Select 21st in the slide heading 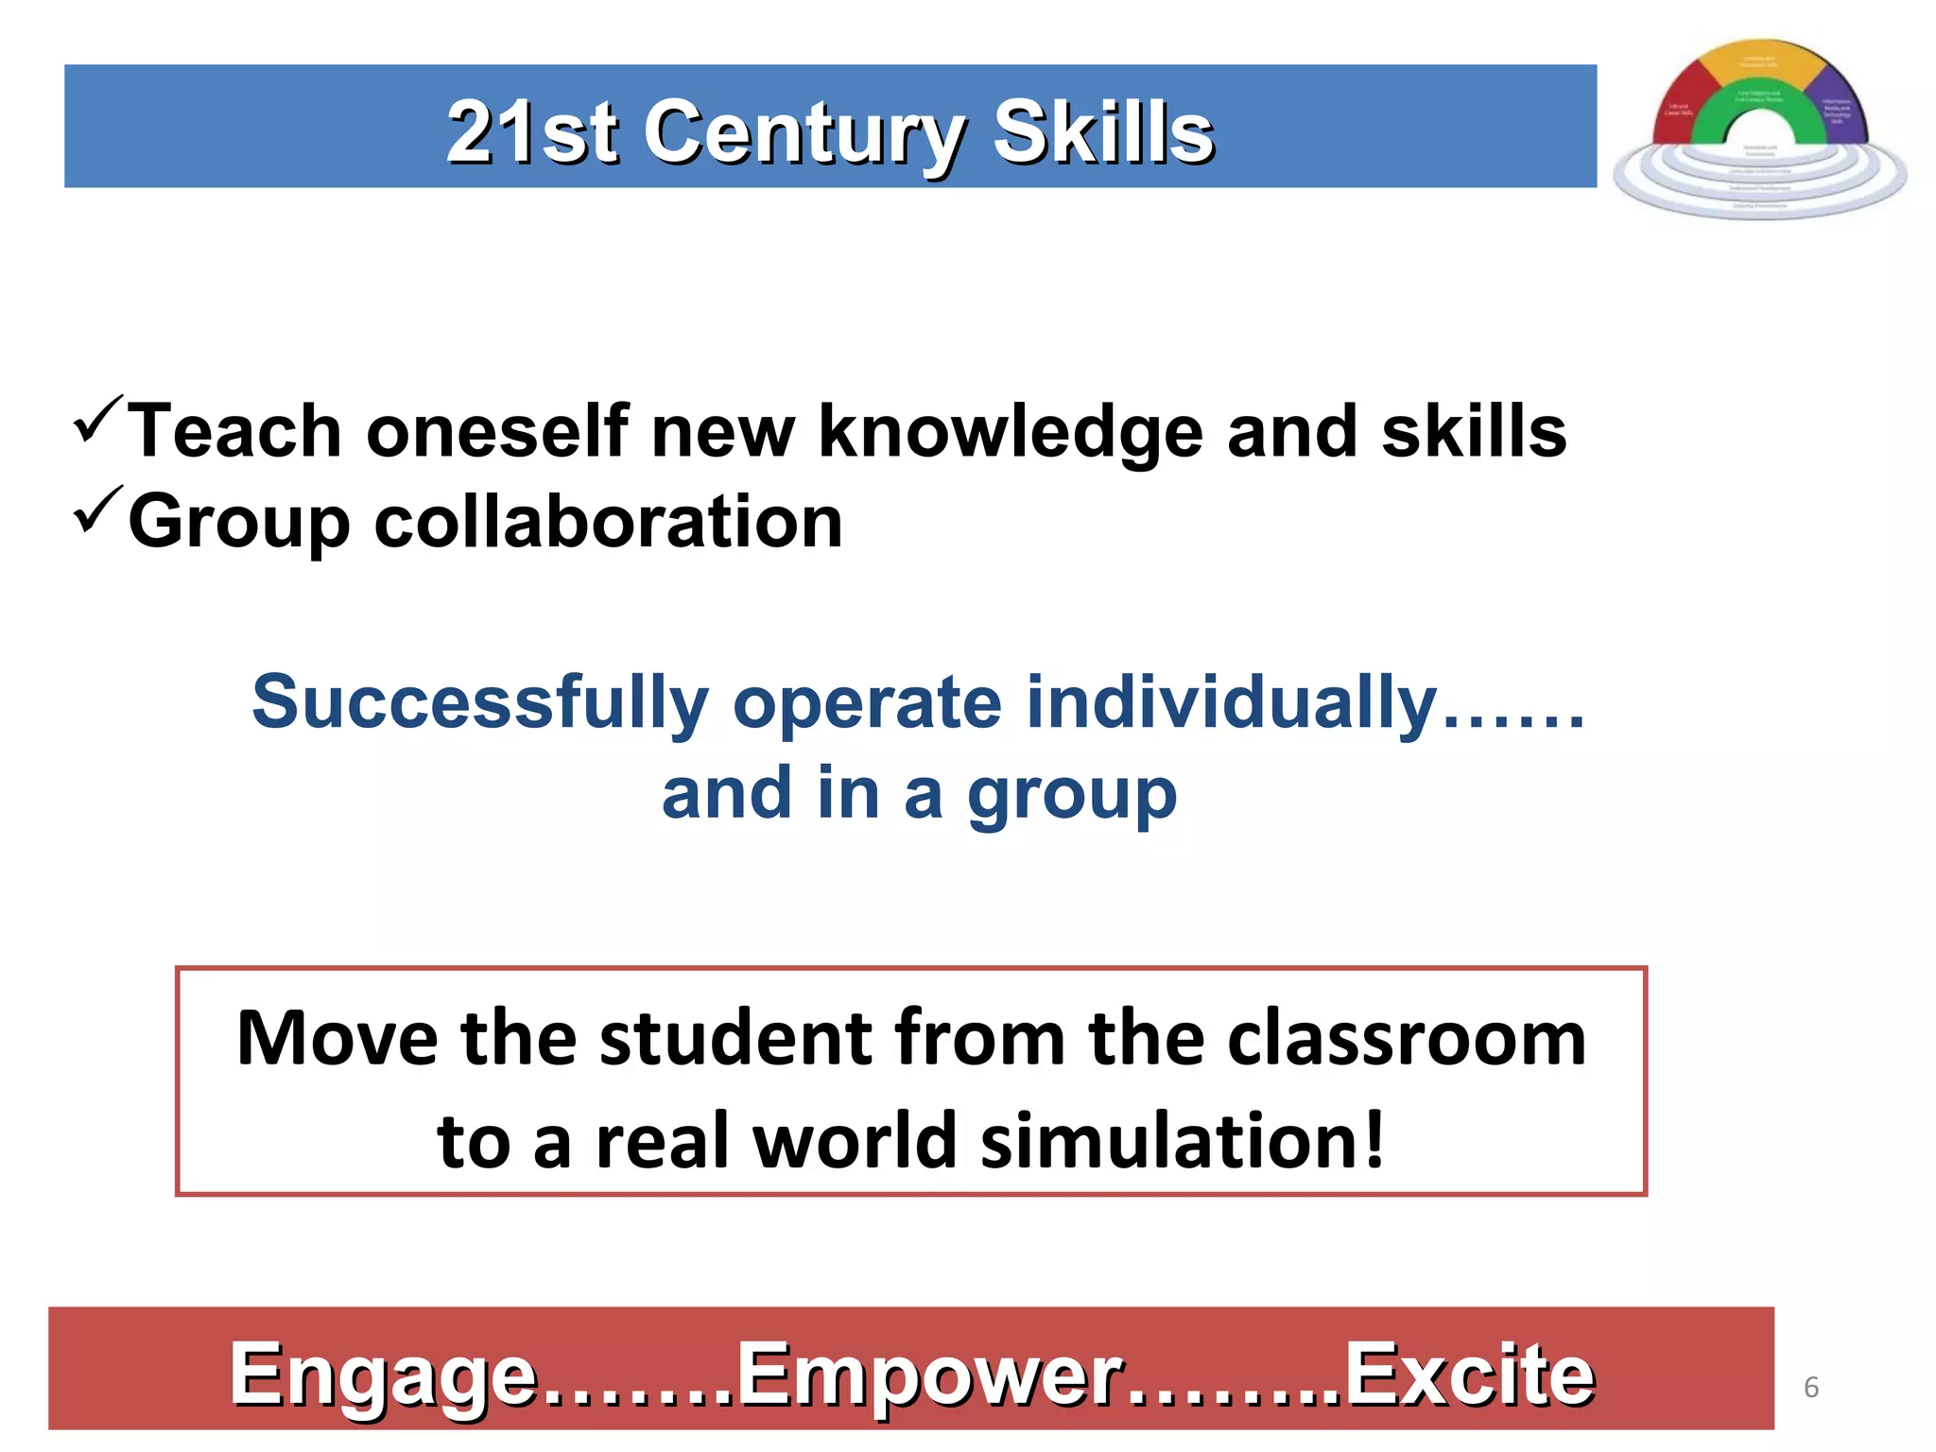(x=532, y=133)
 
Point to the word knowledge (x=1010, y=432)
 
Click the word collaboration (x=608, y=522)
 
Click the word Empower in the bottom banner (x=930, y=1375)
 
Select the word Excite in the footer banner (x=1469, y=1375)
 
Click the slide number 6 (x=1811, y=1387)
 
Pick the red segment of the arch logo (x=1680, y=109)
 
